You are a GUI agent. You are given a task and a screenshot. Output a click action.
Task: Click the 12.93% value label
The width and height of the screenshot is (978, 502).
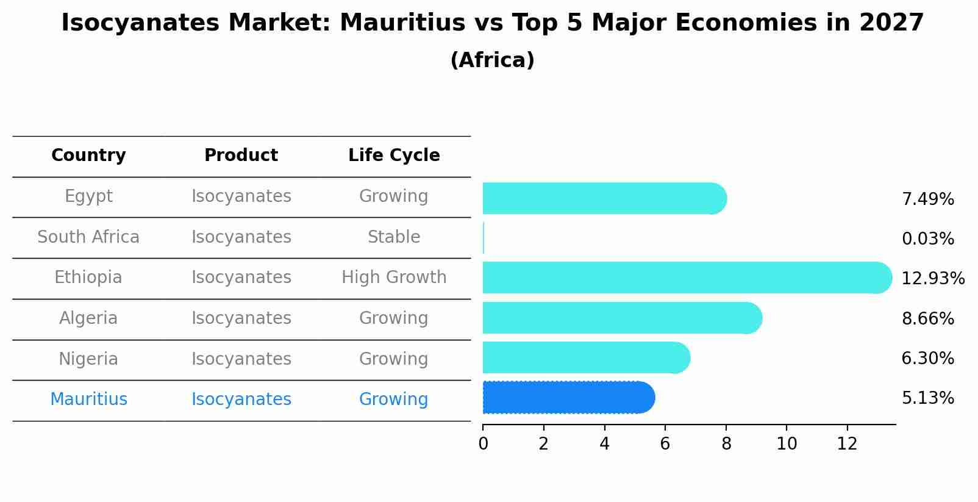click(933, 279)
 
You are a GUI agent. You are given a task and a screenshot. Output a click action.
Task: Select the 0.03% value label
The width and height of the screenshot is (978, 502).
click(927, 239)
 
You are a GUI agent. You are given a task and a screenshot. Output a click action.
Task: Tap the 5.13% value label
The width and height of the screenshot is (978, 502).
click(927, 398)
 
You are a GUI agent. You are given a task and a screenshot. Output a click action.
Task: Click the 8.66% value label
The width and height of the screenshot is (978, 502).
click(927, 319)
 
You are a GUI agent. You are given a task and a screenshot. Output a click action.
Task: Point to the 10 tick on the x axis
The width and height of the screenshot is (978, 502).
click(787, 444)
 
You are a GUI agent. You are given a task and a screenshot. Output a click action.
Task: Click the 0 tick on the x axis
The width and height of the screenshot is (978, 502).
click(483, 444)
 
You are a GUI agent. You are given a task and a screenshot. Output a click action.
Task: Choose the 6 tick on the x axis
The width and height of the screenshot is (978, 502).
click(665, 444)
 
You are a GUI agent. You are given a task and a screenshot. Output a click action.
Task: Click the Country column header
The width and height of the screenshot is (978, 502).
click(88, 156)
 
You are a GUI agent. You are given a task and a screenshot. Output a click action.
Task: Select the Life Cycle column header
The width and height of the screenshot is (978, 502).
click(394, 156)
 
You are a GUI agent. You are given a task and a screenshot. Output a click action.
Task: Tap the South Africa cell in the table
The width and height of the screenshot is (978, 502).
click(88, 237)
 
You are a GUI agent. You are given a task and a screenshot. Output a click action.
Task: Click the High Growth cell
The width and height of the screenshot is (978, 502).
click(394, 278)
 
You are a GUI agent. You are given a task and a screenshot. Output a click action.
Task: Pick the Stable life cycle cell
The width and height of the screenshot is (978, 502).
click(394, 237)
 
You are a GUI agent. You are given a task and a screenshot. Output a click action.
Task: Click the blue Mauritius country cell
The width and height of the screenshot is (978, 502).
click(88, 400)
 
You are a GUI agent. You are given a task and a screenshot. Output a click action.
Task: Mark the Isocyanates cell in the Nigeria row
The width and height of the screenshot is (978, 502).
click(241, 359)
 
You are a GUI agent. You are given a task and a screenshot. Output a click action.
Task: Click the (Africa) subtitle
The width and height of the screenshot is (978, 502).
click(492, 60)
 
